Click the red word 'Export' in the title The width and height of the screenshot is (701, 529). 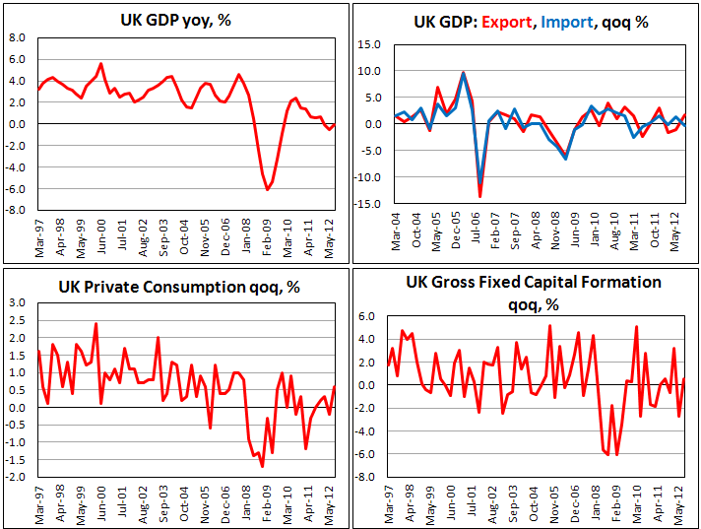(x=508, y=22)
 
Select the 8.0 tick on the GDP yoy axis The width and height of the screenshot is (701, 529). (x=18, y=38)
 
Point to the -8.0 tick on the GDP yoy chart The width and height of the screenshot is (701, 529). (x=16, y=210)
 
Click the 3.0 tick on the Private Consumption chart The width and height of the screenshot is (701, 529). (x=18, y=302)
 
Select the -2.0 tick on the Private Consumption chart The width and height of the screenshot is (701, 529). (x=16, y=477)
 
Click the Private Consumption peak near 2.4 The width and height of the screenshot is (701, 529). (x=96, y=324)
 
